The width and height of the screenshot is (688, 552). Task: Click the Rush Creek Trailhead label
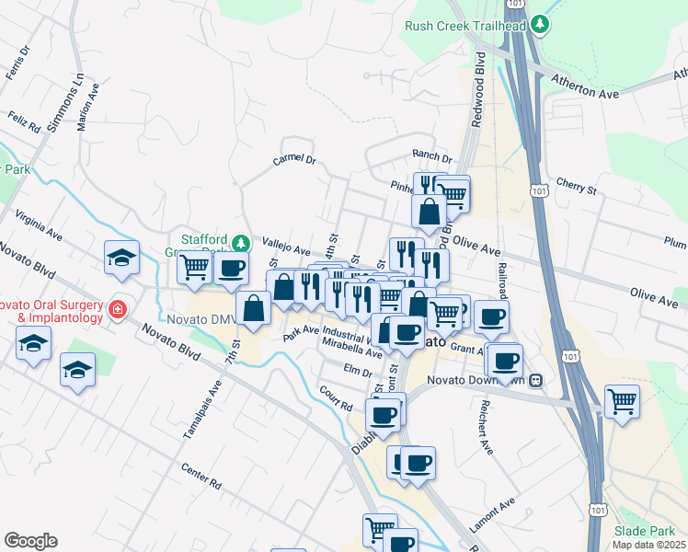click(464, 25)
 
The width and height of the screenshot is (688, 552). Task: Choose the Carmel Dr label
click(294, 160)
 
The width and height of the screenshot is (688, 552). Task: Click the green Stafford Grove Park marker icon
click(240, 243)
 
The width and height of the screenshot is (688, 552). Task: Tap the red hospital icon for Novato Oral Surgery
click(117, 308)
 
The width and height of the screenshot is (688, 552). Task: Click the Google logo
click(30, 541)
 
